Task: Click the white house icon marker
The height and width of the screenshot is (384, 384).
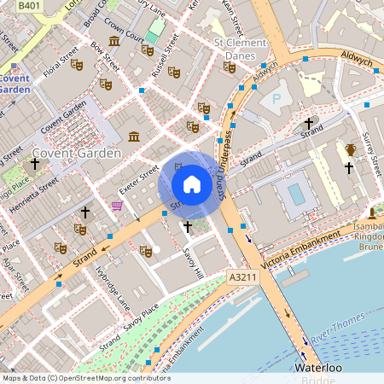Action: click(192, 183)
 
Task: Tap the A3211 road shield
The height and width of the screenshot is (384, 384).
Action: click(242, 277)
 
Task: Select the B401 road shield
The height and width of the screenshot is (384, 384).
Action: click(29, 6)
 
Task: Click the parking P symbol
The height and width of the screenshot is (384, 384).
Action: click(276, 99)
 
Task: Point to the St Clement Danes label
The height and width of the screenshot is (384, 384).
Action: click(247, 49)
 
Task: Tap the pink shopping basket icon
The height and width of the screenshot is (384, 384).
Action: click(117, 206)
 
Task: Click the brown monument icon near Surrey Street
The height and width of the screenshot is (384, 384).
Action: click(350, 150)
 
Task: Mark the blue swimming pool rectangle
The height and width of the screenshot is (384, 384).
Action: click(295, 195)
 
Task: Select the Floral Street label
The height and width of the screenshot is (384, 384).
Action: click(55, 62)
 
